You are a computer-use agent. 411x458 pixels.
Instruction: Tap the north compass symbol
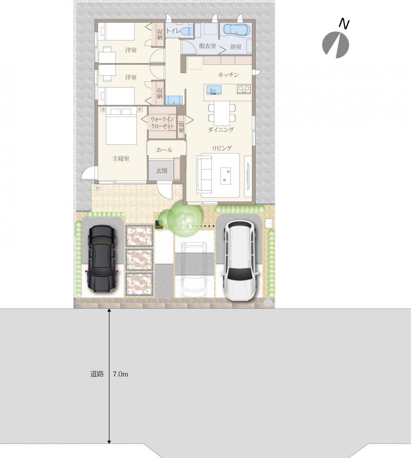point(336,44)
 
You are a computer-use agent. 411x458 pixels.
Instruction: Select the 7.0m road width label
point(120,374)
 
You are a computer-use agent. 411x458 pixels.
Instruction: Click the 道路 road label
point(97,374)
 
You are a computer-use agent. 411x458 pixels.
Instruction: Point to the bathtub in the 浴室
point(235,30)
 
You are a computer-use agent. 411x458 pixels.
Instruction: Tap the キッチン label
point(228,75)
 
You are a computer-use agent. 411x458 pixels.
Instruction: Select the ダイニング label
point(221,130)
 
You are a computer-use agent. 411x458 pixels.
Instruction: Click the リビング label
point(222,148)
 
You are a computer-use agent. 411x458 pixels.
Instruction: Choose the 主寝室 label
point(121,158)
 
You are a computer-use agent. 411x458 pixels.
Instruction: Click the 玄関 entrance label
point(162,171)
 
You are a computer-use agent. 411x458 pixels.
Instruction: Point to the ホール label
point(164,150)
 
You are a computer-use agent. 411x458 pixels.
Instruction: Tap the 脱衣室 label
point(207,46)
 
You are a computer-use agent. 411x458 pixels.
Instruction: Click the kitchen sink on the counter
point(214,89)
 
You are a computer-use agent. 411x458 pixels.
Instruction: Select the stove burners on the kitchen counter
point(244,89)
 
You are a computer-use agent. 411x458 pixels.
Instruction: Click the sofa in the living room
point(205,175)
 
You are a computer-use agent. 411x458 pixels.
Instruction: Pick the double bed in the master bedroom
point(121,126)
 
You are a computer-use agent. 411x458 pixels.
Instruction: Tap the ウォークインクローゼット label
point(162,123)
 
